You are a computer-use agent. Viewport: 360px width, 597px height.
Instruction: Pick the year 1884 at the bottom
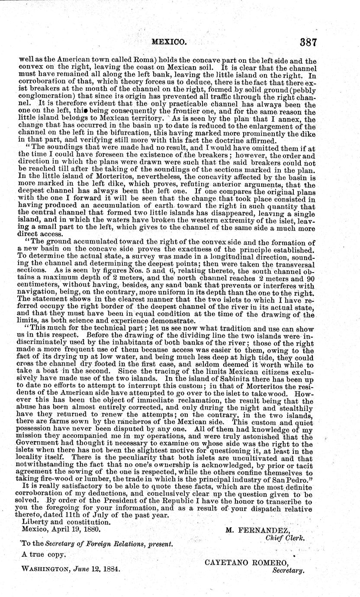(x=110, y=570)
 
